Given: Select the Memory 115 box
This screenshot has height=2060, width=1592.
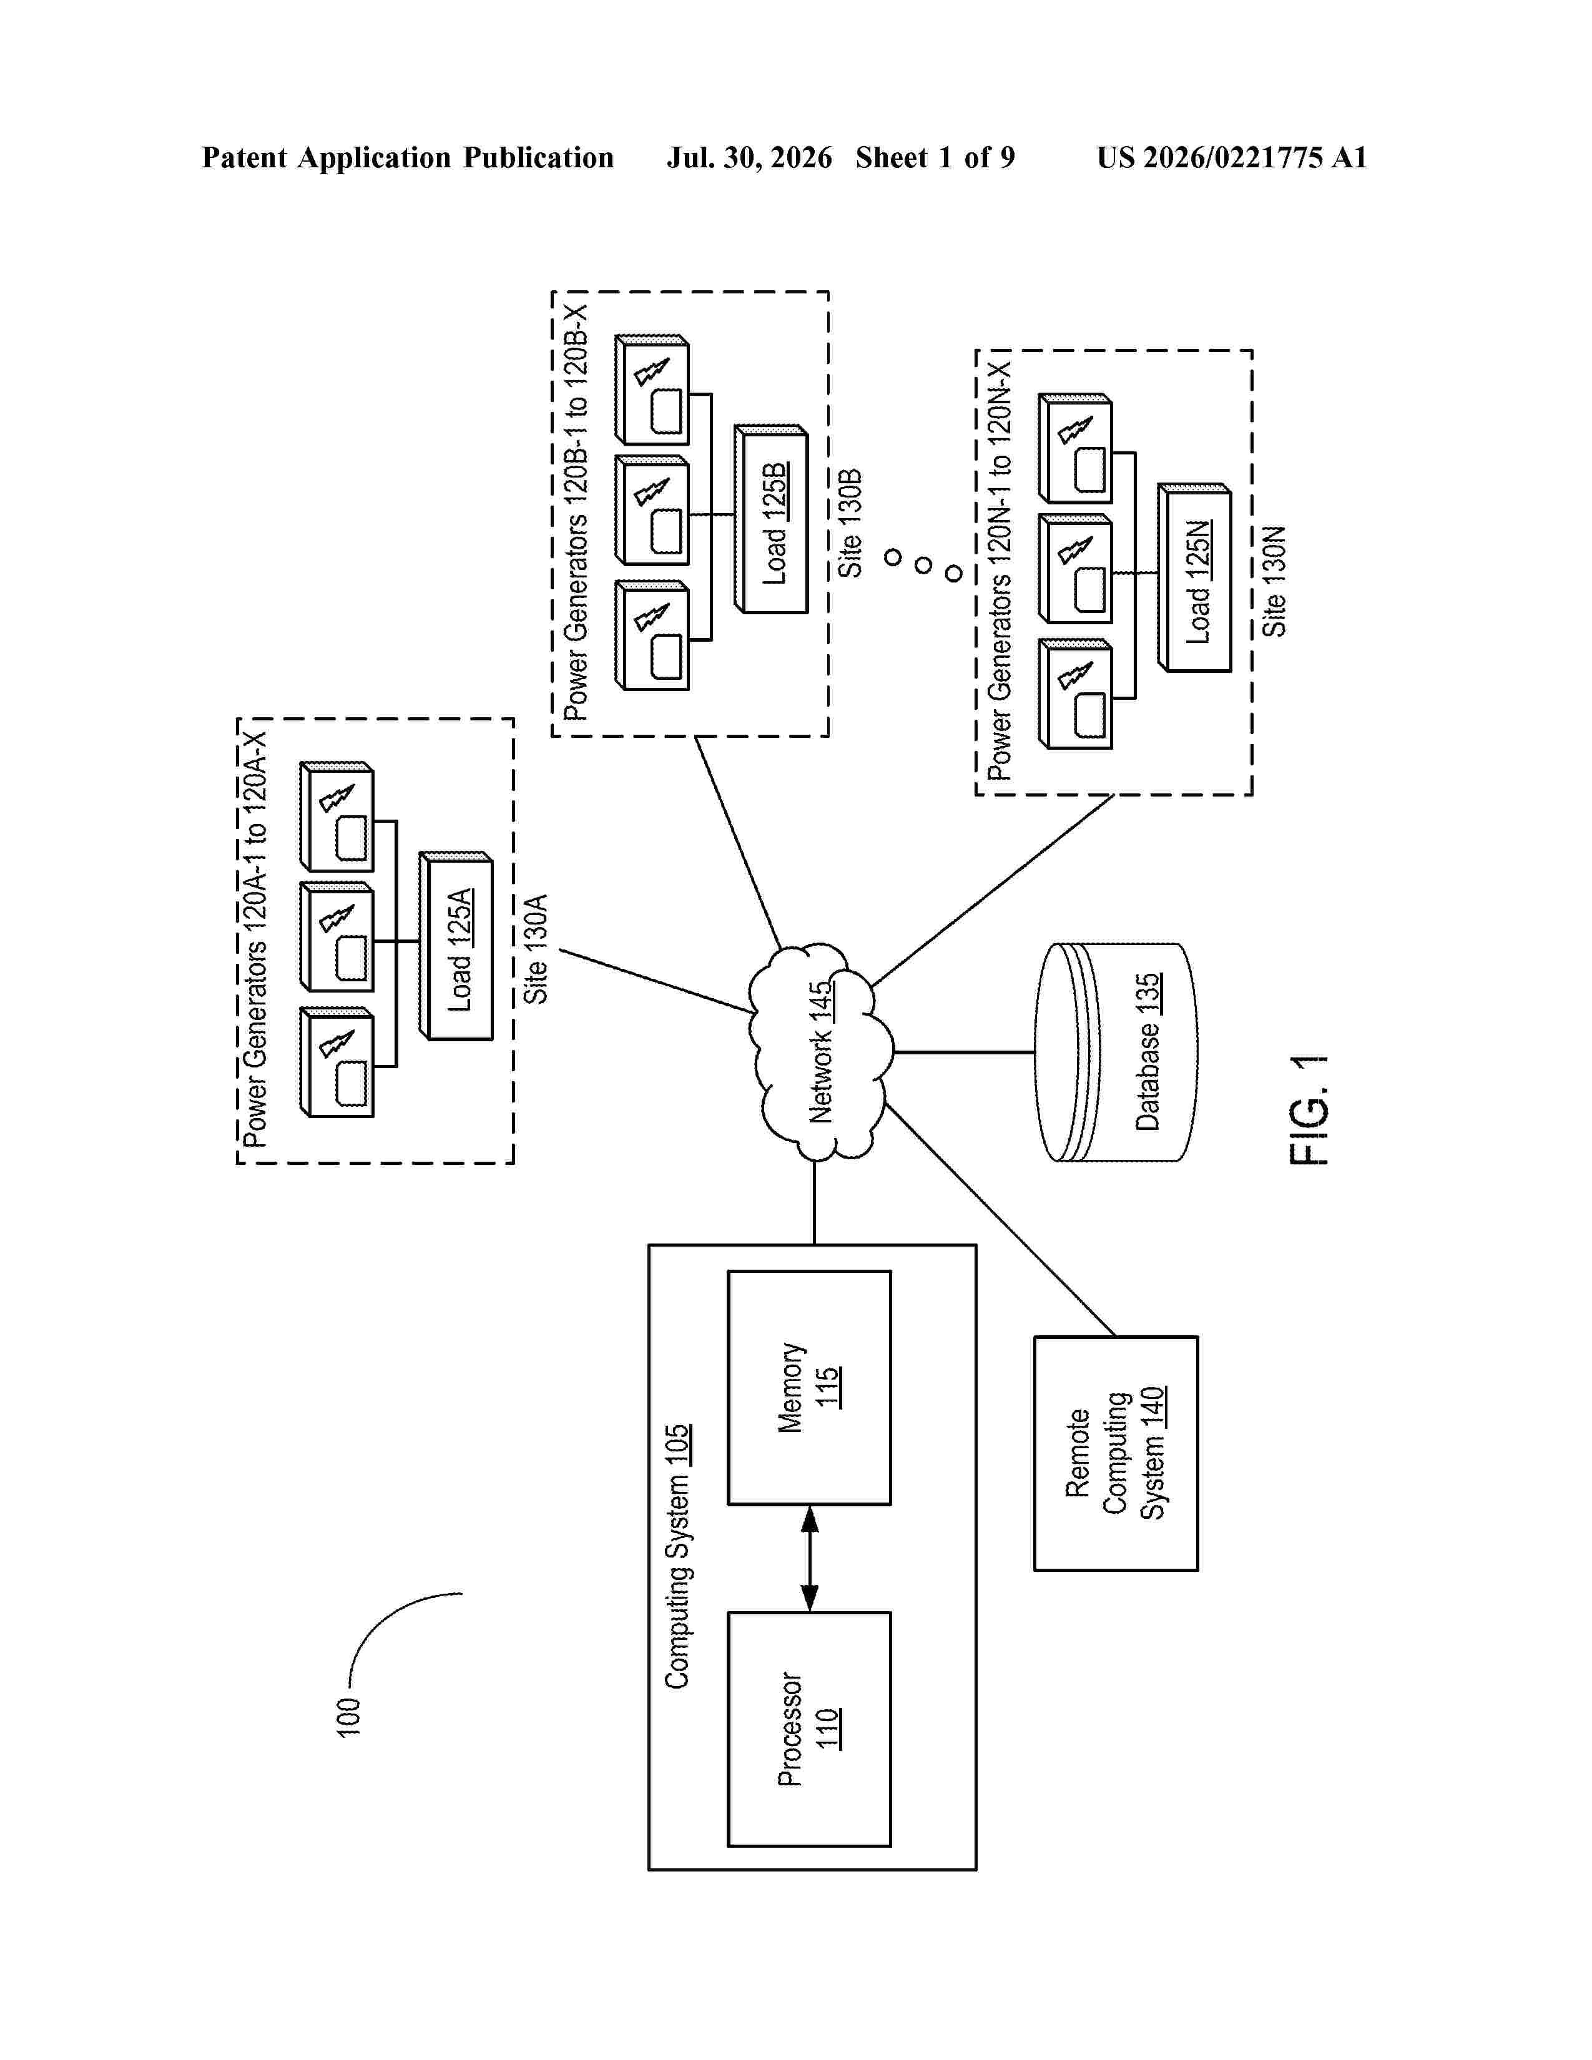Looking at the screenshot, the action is [809, 1388].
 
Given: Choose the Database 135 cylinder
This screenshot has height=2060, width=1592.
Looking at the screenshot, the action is [1116, 1052].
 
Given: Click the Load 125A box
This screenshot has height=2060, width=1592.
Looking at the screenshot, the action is [458, 947].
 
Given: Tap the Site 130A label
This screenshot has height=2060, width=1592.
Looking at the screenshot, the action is [536, 948].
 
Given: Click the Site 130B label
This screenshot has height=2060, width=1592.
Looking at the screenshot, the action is [851, 522].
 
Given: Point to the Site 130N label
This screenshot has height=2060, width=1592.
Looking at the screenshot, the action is [1274, 581].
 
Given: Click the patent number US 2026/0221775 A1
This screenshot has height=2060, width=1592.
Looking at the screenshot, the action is [1232, 157].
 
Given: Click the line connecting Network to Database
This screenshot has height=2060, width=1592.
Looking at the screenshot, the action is [964, 1052].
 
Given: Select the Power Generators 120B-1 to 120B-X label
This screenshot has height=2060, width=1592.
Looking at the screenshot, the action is [576, 512].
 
